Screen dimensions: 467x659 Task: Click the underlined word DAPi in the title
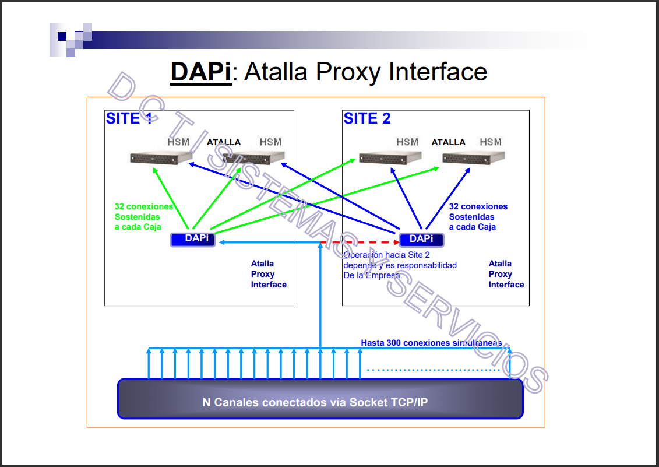coord(200,72)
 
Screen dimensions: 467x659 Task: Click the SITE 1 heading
coord(129,118)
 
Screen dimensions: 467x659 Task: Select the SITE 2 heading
coord(367,118)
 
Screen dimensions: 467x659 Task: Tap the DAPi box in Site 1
coord(193,239)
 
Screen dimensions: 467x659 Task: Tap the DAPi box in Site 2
coord(421,239)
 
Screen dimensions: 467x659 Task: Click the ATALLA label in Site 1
coord(224,142)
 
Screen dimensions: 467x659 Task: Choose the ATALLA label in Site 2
coord(448,142)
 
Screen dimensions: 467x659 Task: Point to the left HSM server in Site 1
coord(161,157)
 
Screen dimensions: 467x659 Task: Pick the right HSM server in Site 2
coord(473,157)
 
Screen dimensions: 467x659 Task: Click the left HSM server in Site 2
coord(390,157)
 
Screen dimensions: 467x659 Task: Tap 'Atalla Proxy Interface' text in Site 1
coord(269,274)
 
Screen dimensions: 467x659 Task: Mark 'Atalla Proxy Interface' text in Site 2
coord(506,274)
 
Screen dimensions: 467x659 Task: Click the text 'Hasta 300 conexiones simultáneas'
coord(431,343)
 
